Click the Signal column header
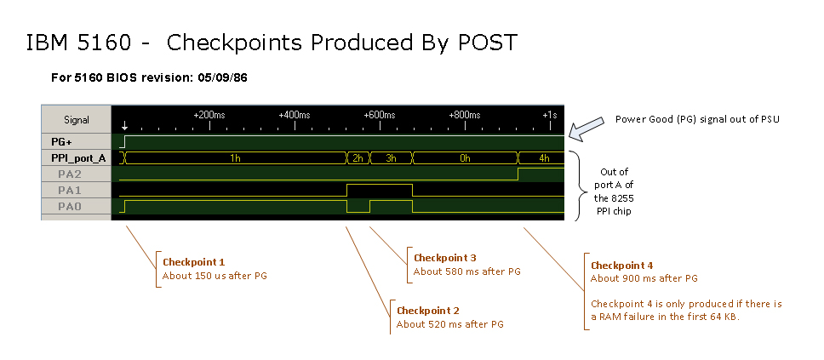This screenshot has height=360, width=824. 76,119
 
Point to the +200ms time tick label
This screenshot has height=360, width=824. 209,114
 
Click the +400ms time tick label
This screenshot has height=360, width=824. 295,114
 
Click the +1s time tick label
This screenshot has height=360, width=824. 550,114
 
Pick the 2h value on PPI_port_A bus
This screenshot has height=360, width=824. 358,158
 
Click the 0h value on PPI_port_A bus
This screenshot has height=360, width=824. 465,158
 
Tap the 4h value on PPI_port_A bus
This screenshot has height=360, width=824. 545,158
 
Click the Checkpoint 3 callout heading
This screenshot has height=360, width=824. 444,258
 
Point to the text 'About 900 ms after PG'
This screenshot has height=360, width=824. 644,278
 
